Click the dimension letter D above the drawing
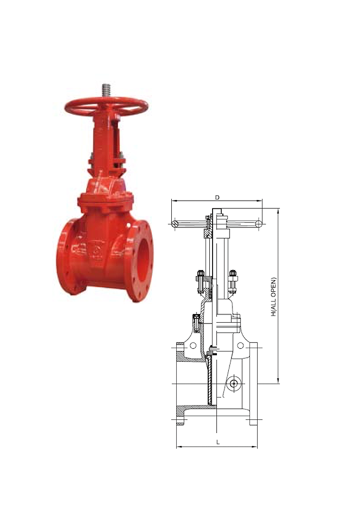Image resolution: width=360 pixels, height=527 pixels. [x=217, y=197]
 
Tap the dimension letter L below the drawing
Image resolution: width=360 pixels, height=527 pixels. [x=218, y=442]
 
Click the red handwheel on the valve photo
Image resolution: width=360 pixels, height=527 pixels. [x=106, y=106]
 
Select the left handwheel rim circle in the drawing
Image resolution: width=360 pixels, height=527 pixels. [x=175, y=224]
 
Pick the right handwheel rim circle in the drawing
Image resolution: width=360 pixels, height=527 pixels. [x=258, y=224]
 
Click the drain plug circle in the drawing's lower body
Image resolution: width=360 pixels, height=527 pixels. [x=233, y=384]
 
